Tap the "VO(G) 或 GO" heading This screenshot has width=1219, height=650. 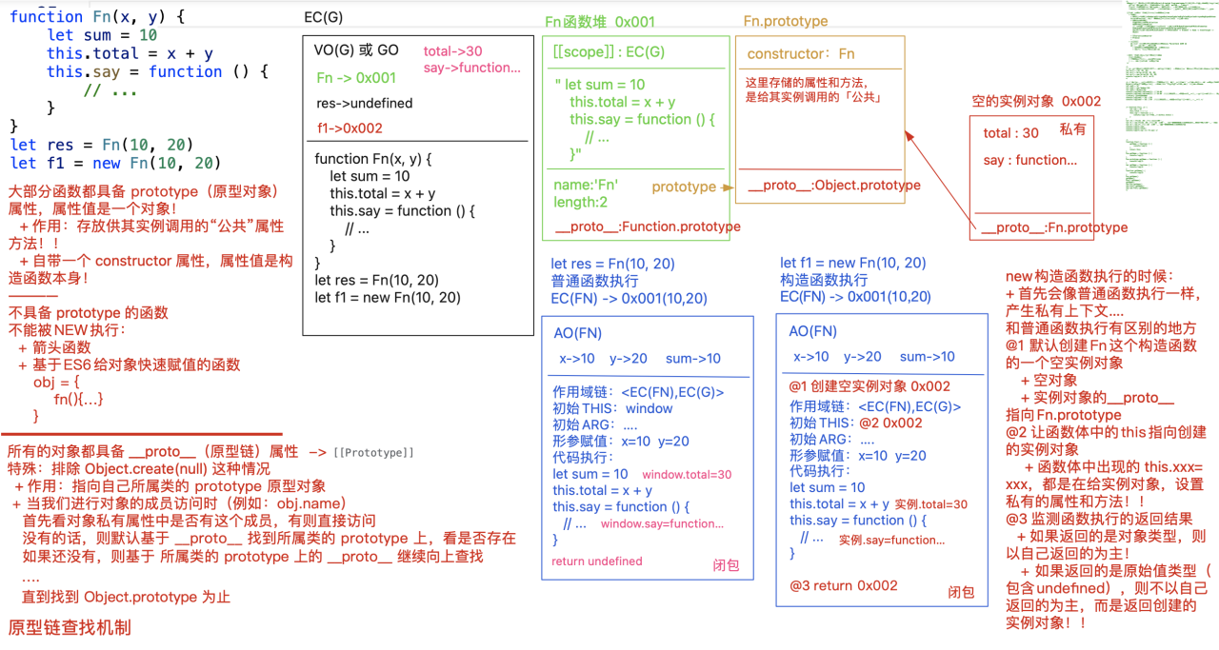click(x=356, y=50)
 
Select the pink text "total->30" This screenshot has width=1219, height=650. click(x=452, y=51)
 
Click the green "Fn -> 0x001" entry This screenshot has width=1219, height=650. click(x=356, y=78)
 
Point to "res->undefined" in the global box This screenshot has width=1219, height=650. click(x=365, y=103)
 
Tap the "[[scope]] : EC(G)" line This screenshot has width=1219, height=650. click(x=609, y=52)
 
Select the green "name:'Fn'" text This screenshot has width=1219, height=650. click(x=586, y=185)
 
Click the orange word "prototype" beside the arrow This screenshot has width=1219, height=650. click(x=684, y=187)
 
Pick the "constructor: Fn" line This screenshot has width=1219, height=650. click(x=801, y=54)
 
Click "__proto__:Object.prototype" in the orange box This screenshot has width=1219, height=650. click(x=834, y=186)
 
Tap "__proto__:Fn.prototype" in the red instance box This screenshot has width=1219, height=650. click(x=1054, y=227)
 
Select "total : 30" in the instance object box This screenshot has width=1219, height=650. click(x=1011, y=133)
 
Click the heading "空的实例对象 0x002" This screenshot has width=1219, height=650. click(x=1036, y=101)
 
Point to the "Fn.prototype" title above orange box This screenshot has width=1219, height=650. click(x=786, y=21)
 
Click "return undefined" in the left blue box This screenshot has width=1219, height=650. click(x=597, y=561)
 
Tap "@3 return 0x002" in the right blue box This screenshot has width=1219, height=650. click(x=843, y=585)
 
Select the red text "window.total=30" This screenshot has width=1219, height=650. click(x=687, y=474)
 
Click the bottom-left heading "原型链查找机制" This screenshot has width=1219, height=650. click(x=70, y=628)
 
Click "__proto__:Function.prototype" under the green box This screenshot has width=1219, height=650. click(x=647, y=227)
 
